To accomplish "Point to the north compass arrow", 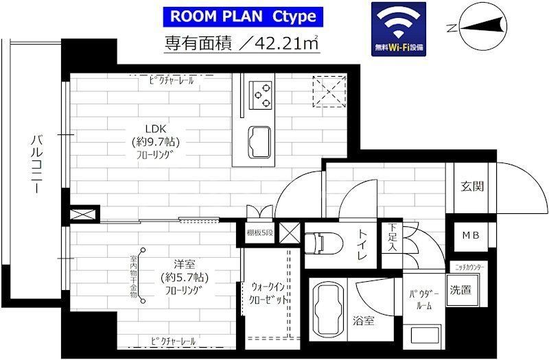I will coord(480,27).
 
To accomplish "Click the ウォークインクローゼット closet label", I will coord(268,293).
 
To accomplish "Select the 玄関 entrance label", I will coord(471,187).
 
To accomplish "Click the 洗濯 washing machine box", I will coord(460,289).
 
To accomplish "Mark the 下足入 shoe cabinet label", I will coord(392,237).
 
